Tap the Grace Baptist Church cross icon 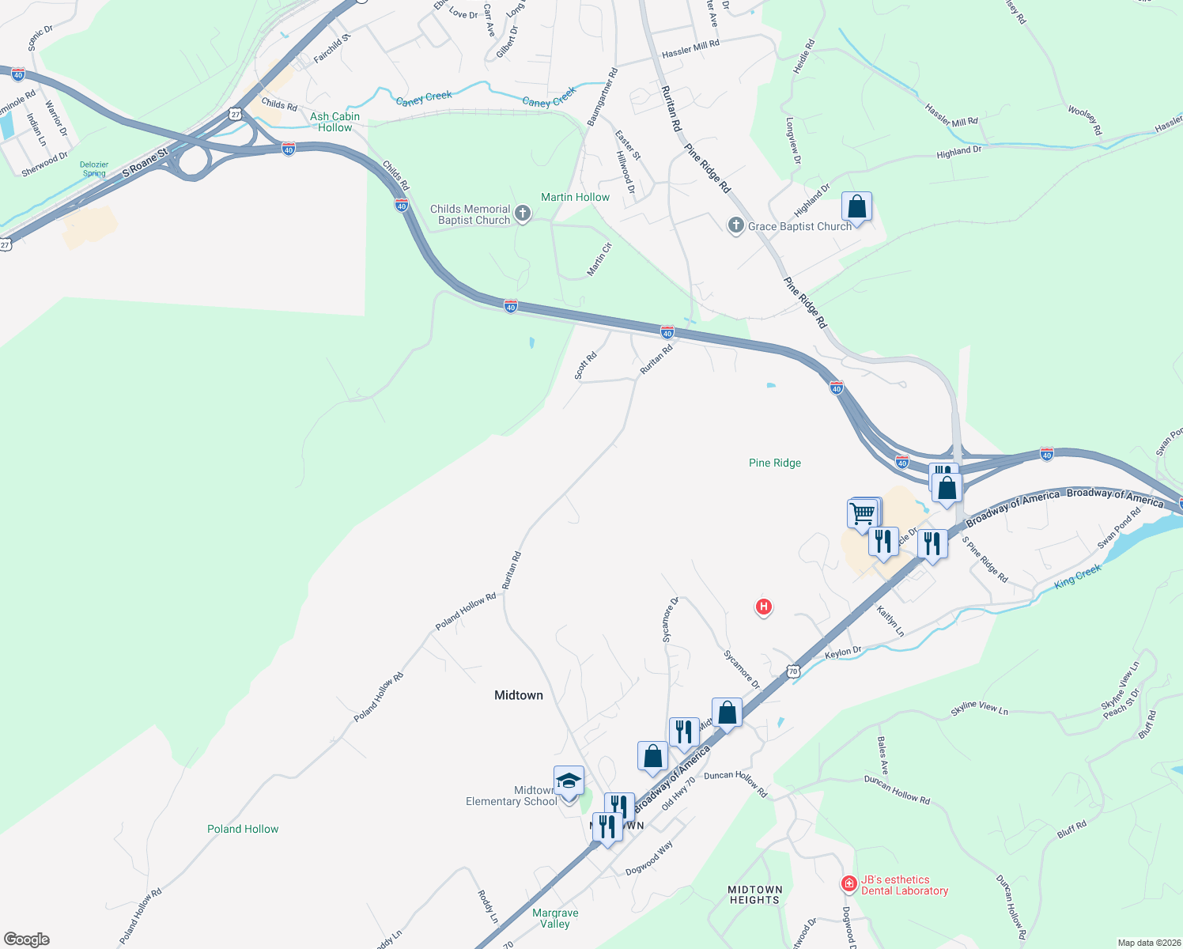click(736, 226)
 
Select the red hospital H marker click(763, 607)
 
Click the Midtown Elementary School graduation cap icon click(569, 781)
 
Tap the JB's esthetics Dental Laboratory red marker click(849, 883)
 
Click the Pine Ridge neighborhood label click(775, 463)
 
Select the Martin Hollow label click(575, 197)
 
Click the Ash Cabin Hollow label click(334, 122)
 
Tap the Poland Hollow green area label click(243, 829)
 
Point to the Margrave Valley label click(555, 918)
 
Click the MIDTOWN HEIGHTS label click(755, 894)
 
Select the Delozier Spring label click(94, 169)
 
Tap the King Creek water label click(1078, 576)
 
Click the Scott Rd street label click(586, 365)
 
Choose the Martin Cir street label click(599, 259)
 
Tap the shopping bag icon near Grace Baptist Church click(856, 207)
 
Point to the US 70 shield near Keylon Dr click(793, 671)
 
